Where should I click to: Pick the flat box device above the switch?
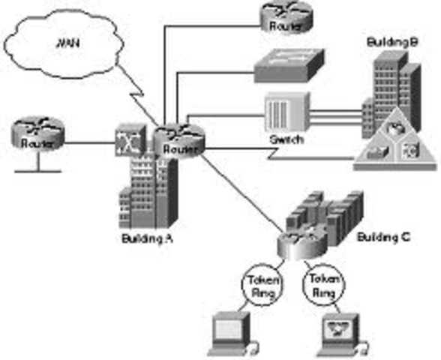288,69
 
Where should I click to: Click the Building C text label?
382,238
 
